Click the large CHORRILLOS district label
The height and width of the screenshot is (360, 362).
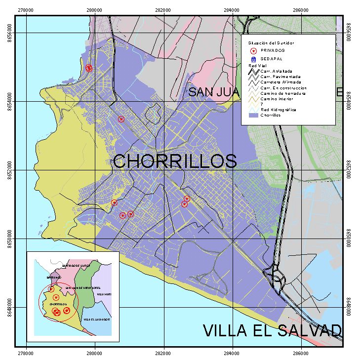pyautogui.click(x=175, y=161)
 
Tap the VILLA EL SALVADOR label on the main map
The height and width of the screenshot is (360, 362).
pyautogui.click(x=272, y=330)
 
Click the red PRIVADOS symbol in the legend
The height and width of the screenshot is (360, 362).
pyautogui.click(x=253, y=50)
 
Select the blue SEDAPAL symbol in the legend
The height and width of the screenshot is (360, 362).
pyautogui.click(x=253, y=59)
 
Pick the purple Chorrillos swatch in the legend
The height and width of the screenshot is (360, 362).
pyautogui.click(x=252, y=114)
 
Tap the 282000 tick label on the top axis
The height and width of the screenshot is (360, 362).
pyautogui.click(x=163, y=9)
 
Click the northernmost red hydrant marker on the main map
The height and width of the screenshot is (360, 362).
pyautogui.click(x=89, y=68)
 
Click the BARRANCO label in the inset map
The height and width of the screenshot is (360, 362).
pyautogui.click(x=54, y=278)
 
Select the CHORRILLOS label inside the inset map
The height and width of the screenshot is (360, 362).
pyautogui.click(x=58, y=304)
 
